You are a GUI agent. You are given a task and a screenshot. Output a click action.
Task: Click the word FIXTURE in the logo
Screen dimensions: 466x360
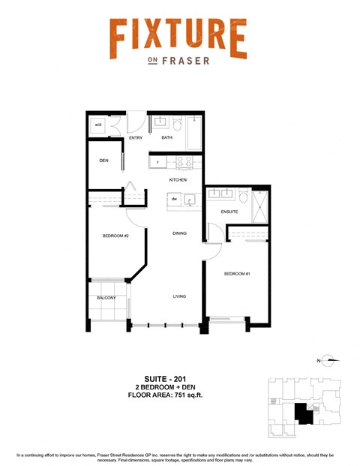click(178, 38)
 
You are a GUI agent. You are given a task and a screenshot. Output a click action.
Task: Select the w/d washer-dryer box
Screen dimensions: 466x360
click(98, 125)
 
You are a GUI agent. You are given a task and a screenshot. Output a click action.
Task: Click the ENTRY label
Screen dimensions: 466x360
click(136, 138)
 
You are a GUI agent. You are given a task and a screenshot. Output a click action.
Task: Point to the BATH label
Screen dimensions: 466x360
click(166, 138)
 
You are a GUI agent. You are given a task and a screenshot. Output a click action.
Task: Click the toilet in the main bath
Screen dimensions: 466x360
click(177, 123)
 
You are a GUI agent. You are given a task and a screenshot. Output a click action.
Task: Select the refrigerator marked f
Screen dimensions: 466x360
click(158, 161)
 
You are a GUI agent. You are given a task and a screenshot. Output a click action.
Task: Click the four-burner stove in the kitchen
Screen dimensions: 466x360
click(185, 161)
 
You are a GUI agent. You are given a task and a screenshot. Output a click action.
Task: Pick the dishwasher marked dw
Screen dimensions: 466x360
click(174, 199)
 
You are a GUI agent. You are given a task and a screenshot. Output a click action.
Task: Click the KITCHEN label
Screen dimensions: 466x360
click(178, 181)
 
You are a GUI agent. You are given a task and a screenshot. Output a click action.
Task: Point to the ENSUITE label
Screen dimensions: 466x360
click(229, 212)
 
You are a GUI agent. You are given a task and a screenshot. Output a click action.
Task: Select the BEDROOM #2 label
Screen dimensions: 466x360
click(116, 236)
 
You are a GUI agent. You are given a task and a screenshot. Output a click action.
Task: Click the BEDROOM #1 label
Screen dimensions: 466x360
click(236, 273)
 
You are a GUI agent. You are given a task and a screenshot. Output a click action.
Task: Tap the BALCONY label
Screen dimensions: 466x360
click(106, 298)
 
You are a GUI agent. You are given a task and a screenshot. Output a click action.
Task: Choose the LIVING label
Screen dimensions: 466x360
click(179, 296)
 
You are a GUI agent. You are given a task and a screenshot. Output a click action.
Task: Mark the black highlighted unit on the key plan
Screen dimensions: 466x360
click(303, 413)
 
